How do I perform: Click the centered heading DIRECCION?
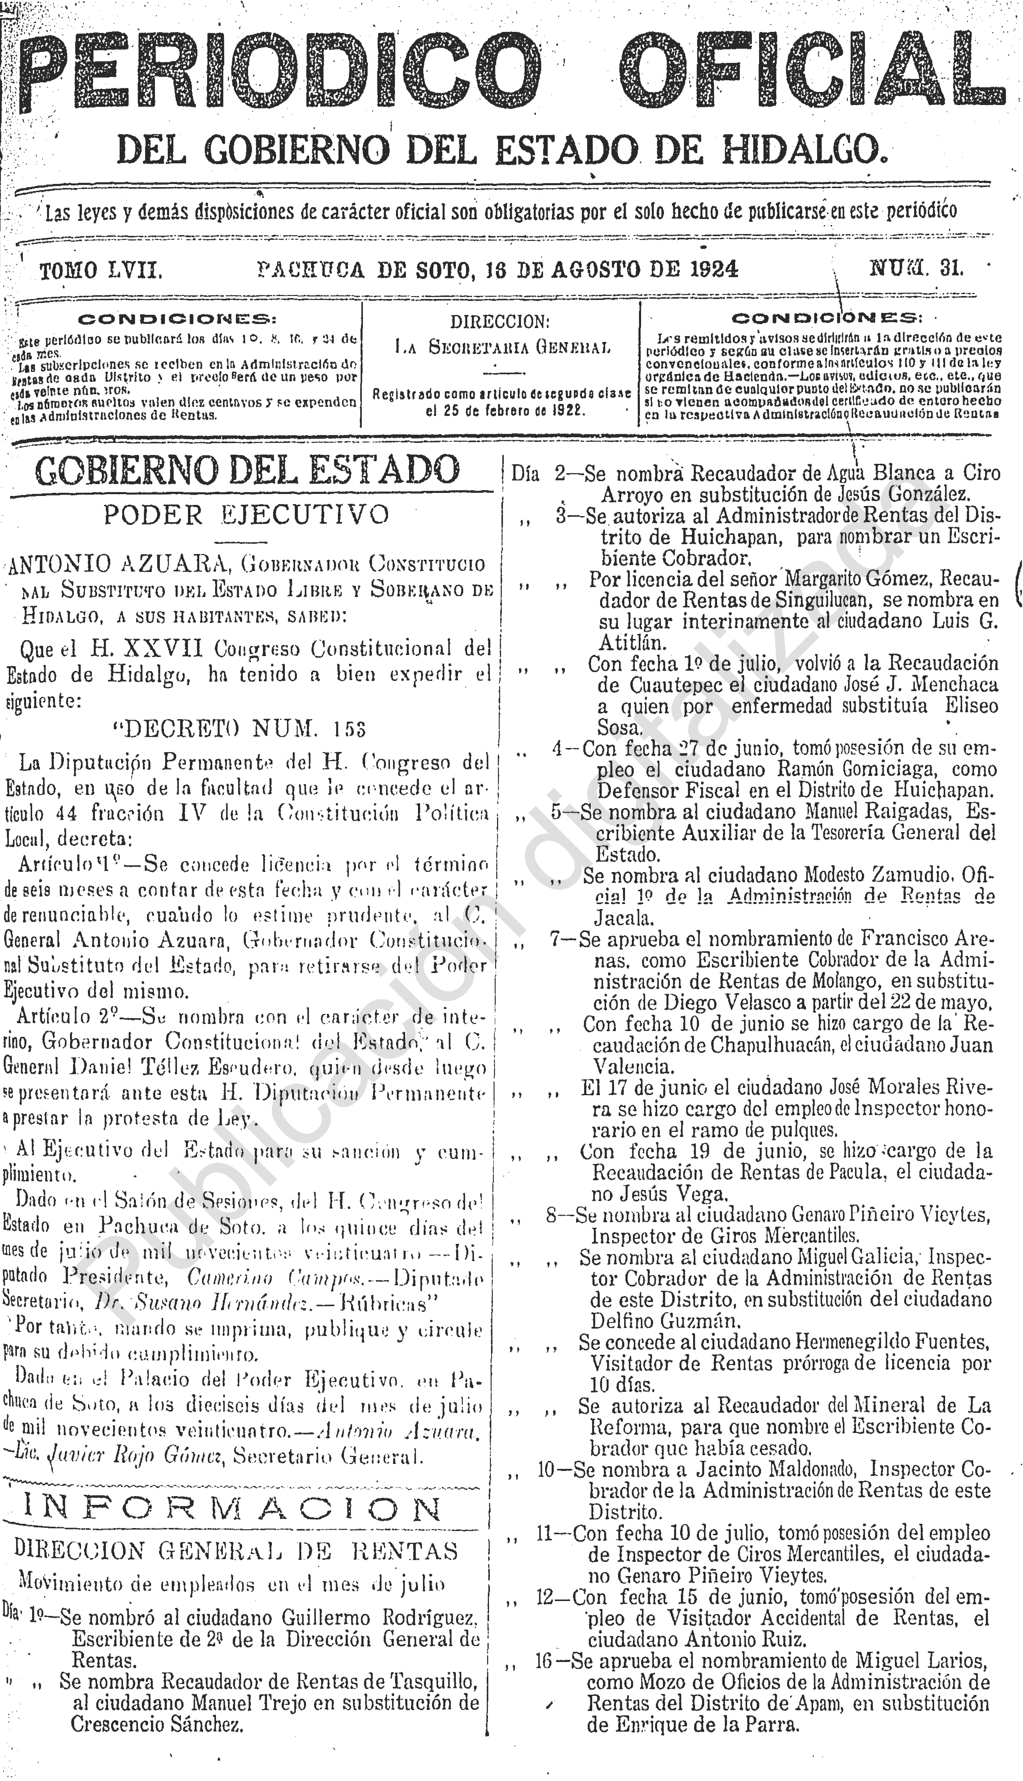point(499,322)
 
